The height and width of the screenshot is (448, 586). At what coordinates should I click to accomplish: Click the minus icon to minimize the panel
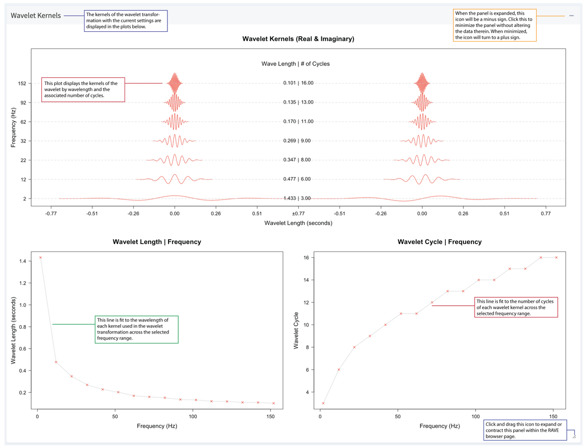click(x=571, y=16)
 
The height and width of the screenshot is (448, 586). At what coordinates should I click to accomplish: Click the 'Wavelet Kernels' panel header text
click(x=36, y=16)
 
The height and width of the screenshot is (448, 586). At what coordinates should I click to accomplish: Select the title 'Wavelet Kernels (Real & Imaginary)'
click(x=298, y=39)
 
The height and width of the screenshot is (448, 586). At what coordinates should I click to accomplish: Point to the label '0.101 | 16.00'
click(x=298, y=83)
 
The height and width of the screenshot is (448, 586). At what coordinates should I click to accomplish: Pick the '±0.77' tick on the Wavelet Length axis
click(x=298, y=214)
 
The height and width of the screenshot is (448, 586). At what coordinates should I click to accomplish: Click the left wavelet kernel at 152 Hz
click(x=174, y=83)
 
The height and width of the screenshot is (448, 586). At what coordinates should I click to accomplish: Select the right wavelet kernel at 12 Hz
click(x=422, y=179)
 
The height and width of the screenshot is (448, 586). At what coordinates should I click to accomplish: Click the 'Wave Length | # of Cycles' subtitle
click(x=298, y=64)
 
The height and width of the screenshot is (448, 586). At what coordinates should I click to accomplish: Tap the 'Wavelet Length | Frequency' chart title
click(x=157, y=242)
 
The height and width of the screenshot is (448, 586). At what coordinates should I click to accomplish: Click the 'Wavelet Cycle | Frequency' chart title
click(x=439, y=242)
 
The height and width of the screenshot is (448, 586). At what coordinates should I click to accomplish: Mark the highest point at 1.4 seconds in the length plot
click(x=41, y=257)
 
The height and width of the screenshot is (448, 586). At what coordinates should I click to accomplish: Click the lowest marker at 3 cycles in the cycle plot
click(x=323, y=403)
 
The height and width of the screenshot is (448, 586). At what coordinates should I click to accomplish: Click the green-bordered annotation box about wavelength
click(x=136, y=329)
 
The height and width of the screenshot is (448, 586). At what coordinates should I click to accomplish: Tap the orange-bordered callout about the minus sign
click(x=495, y=25)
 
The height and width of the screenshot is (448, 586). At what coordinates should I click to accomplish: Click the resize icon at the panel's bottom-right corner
click(x=574, y=434)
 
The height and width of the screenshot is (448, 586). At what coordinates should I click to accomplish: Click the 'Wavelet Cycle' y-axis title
click(x=296, y=330)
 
